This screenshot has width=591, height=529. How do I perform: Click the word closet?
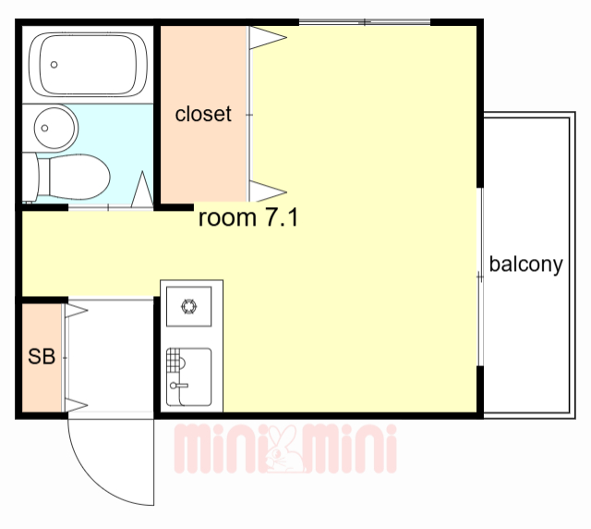pyautogui.click(x=203, y=115)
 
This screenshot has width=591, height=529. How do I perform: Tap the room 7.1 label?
pyautogui.click(x=247, y=218)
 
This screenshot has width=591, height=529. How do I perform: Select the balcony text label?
pyautogui.click(x=525, y=264)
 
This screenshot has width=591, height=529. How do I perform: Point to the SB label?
pyautogui.click(x=41, y=357)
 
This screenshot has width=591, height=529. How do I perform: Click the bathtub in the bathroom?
pyautogui.click(x=89, y=62)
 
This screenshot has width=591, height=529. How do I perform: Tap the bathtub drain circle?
pyautogui.click(x=54, y=65)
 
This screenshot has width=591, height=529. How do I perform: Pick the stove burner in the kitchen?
pyautogui.click(x=189, y=307)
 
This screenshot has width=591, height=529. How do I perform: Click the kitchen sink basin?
pyautogui.click(x=189, y=377)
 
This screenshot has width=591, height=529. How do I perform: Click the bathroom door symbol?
pyautogui.click(x=143, y=191)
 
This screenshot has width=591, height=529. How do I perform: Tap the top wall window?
pyautogui.click(x=365, y=21)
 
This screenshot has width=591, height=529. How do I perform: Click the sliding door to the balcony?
pyautogui.click(x=480, y=277)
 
